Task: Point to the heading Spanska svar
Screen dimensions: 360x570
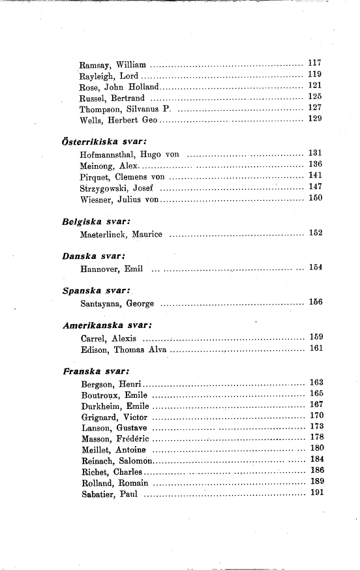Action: [96, 290]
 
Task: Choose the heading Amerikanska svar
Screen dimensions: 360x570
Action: [107, 325]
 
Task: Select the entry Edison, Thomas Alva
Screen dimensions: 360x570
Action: [124, 350]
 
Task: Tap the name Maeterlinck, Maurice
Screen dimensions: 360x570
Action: [121, 233]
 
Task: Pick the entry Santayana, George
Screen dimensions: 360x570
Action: [117, 303]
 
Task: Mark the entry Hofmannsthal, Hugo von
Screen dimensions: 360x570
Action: [129, 155]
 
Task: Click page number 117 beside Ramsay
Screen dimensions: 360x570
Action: [315, 63]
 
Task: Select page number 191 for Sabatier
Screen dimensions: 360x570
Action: [316, 492]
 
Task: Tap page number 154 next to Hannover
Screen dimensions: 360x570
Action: [316, 267]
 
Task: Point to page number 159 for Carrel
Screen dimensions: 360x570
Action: [316, 337]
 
